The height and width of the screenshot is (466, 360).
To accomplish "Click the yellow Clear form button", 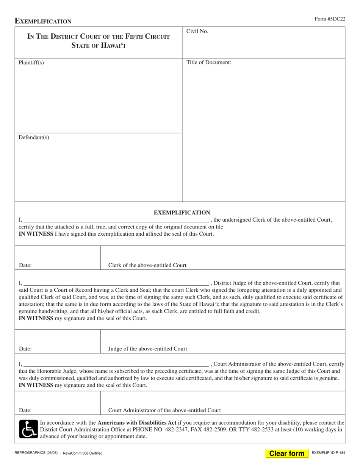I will [x=286, y=453].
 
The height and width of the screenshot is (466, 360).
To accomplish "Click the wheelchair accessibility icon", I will [x=28, y=429].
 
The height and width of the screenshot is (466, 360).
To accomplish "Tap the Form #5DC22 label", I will [x=330, y=19].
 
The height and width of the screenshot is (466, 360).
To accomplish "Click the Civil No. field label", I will [x=197, y=32].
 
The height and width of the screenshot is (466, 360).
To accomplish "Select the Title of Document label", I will [x=208, y=63].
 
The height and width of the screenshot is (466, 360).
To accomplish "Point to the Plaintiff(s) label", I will [x=31, y=63].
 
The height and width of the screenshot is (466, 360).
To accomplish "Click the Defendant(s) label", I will [x=34, y=138].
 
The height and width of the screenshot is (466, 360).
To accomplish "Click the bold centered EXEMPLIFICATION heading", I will [x=182, y=213].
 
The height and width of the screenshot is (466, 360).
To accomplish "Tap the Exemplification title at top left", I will [x=43, y=21].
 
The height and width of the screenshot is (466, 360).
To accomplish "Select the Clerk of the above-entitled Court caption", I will [x=147, y=265].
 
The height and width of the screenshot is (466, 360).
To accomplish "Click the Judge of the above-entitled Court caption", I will [x=147, y=349].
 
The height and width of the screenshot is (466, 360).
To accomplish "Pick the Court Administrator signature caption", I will [x=164, y=410].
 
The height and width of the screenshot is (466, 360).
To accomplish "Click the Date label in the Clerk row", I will [x=25, y=265].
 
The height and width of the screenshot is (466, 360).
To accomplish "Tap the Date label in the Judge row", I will [x=25, y=349].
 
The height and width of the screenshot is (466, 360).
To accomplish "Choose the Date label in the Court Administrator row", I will [x=25, y=410].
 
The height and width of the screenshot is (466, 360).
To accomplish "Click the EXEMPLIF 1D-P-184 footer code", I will [x=328, y=453].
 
